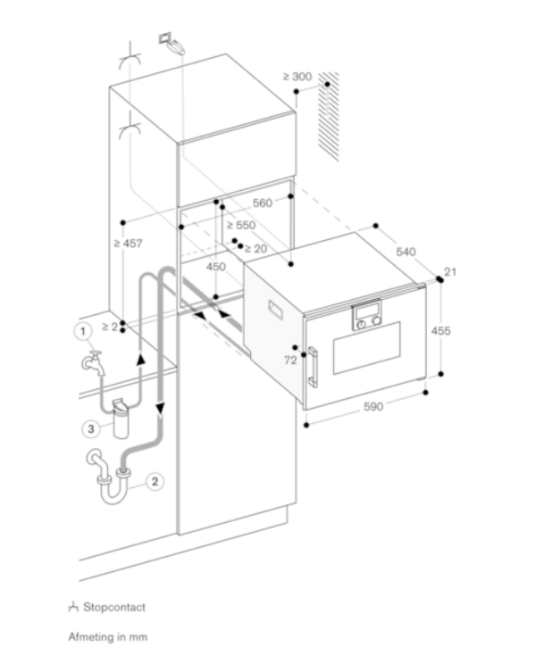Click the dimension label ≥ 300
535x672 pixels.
click(x=297, y=77)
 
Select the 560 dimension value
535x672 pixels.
click(x=262, y=203)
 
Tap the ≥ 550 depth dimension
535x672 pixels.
click(x=240, y=225)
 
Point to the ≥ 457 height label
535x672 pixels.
click(x=128, y=243)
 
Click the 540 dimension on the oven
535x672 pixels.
click(x=405, y=253)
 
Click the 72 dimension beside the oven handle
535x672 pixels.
click(x=289, y=360)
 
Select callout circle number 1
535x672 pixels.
click(x=82, y=332)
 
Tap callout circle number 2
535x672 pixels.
click(x=155, y=481)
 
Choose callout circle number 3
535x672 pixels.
click(x=91, y=428)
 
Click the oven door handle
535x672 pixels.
click(x=313, y=366)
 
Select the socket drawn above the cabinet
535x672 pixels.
click(x=171, y=42)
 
